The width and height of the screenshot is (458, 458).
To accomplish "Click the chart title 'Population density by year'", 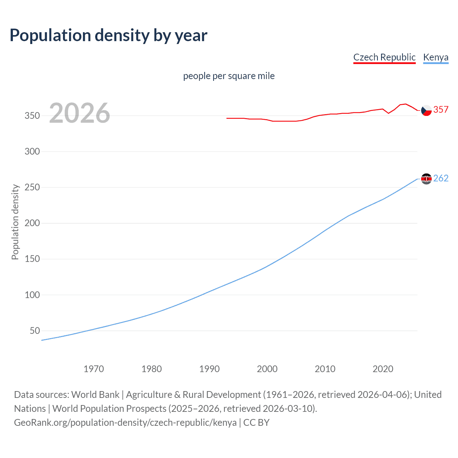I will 108,35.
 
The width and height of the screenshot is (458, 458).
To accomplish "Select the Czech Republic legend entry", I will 384,57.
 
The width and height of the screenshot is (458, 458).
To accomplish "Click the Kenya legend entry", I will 435,57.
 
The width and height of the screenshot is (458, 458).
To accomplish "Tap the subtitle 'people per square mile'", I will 229,76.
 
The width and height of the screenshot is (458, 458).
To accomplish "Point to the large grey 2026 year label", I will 79,113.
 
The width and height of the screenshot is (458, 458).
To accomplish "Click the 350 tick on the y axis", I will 32,116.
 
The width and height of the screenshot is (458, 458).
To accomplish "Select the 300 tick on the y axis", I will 32,151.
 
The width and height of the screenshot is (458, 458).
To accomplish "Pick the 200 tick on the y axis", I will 32,223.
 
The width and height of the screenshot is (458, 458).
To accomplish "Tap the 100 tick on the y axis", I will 32,295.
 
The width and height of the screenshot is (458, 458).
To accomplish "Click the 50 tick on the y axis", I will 35,331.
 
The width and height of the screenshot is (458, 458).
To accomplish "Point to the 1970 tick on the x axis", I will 94,369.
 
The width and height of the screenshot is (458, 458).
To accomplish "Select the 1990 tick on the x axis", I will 209,369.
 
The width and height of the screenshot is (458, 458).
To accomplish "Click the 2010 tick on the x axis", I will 325,369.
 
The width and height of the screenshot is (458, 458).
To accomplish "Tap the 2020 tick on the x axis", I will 383,369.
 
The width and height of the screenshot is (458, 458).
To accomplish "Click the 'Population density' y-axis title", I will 15,222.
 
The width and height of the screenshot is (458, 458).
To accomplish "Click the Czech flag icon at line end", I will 426,111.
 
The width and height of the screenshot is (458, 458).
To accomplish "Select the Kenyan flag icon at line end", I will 426,179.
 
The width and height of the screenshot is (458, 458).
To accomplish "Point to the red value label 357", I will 441,109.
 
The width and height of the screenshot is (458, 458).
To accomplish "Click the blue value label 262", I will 441,178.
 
